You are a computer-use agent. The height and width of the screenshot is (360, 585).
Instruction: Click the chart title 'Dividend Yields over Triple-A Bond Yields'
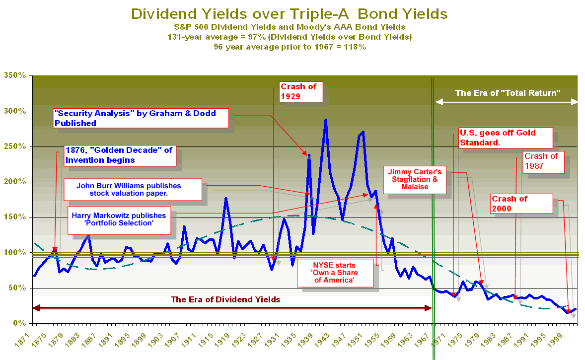[x=290, y=13]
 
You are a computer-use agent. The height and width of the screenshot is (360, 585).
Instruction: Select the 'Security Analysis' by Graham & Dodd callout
[x=141, y=118]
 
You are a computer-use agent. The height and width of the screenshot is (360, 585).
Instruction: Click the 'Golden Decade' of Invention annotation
[x=119, y=155]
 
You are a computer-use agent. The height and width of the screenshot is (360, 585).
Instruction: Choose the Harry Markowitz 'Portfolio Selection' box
[x=119, y=219]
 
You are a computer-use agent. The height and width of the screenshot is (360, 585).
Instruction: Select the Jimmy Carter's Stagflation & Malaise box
[x=415, y=179]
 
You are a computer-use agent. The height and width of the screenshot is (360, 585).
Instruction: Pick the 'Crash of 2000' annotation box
[x=521, y=203]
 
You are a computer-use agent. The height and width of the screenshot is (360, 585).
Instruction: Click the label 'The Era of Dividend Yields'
[x=225, y=299]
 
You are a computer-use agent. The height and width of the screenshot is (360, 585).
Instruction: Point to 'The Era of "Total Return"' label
[x=508, y=93]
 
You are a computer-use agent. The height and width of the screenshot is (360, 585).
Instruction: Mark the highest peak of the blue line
[x=325, y=120]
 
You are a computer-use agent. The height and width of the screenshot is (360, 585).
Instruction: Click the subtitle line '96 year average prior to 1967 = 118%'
[x=290, y=47]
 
